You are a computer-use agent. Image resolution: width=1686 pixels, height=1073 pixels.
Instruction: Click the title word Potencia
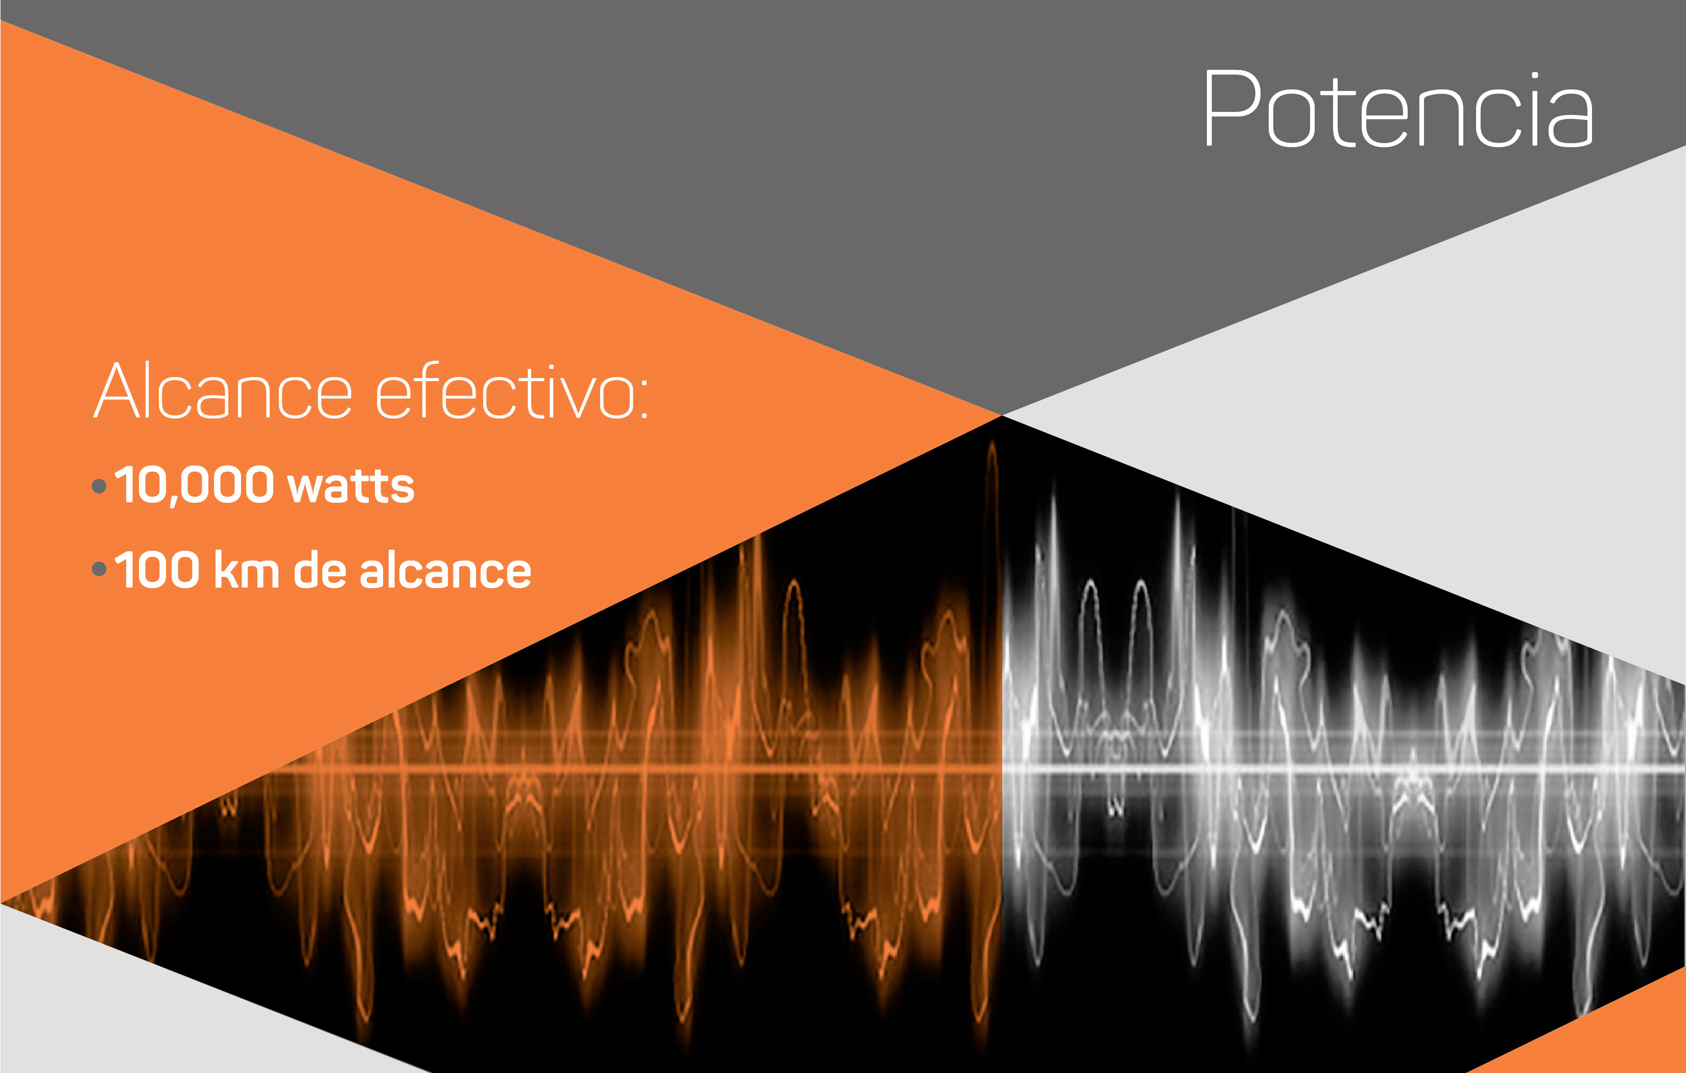pos(1398,108)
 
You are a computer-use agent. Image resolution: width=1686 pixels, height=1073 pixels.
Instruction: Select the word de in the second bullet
pos(320,569)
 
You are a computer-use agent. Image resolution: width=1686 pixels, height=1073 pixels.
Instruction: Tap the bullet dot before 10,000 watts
pos(100,486)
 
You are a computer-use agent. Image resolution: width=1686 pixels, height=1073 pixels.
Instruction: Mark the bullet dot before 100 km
pos(100,569)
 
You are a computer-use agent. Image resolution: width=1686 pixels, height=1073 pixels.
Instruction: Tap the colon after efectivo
pos(644,399)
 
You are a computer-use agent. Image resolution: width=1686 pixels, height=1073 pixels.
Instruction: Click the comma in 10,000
pos(173,500)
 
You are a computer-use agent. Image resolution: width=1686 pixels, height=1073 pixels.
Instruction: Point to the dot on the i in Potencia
pos(1535,76)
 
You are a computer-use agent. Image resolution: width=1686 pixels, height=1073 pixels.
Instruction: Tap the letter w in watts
pos(306,487)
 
